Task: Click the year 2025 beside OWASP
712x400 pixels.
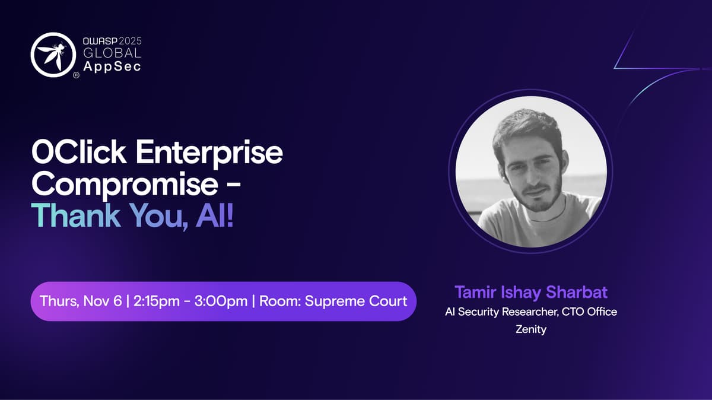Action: [x=130, y=41]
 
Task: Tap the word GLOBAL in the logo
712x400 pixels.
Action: [x=112, y=53]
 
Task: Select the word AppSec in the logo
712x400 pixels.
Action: [x=112, y=66]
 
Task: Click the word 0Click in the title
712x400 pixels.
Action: [x=79, y=152]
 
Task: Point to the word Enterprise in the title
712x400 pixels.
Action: [x=209, y=153]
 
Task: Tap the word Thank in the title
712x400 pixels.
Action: [x=76, y=215]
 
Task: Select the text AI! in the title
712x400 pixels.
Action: [x=215, y=215]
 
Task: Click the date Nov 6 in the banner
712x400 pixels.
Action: [x=102, y=301]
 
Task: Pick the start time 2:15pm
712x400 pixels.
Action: [x=157, y=301]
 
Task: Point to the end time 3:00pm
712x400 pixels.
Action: [x=221, y=301]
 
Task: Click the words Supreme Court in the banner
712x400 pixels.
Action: [x=355, y=301]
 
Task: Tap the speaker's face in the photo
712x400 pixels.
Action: [x=534, y=172]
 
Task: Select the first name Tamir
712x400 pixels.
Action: [x=475, y=292]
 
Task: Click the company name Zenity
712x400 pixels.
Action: [x=531, y=329]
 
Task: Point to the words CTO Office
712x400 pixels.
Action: [x=589, y=312]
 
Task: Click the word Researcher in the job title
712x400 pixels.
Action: [x=530, y=312]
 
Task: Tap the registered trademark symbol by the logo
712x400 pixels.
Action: [x=77, y=75]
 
